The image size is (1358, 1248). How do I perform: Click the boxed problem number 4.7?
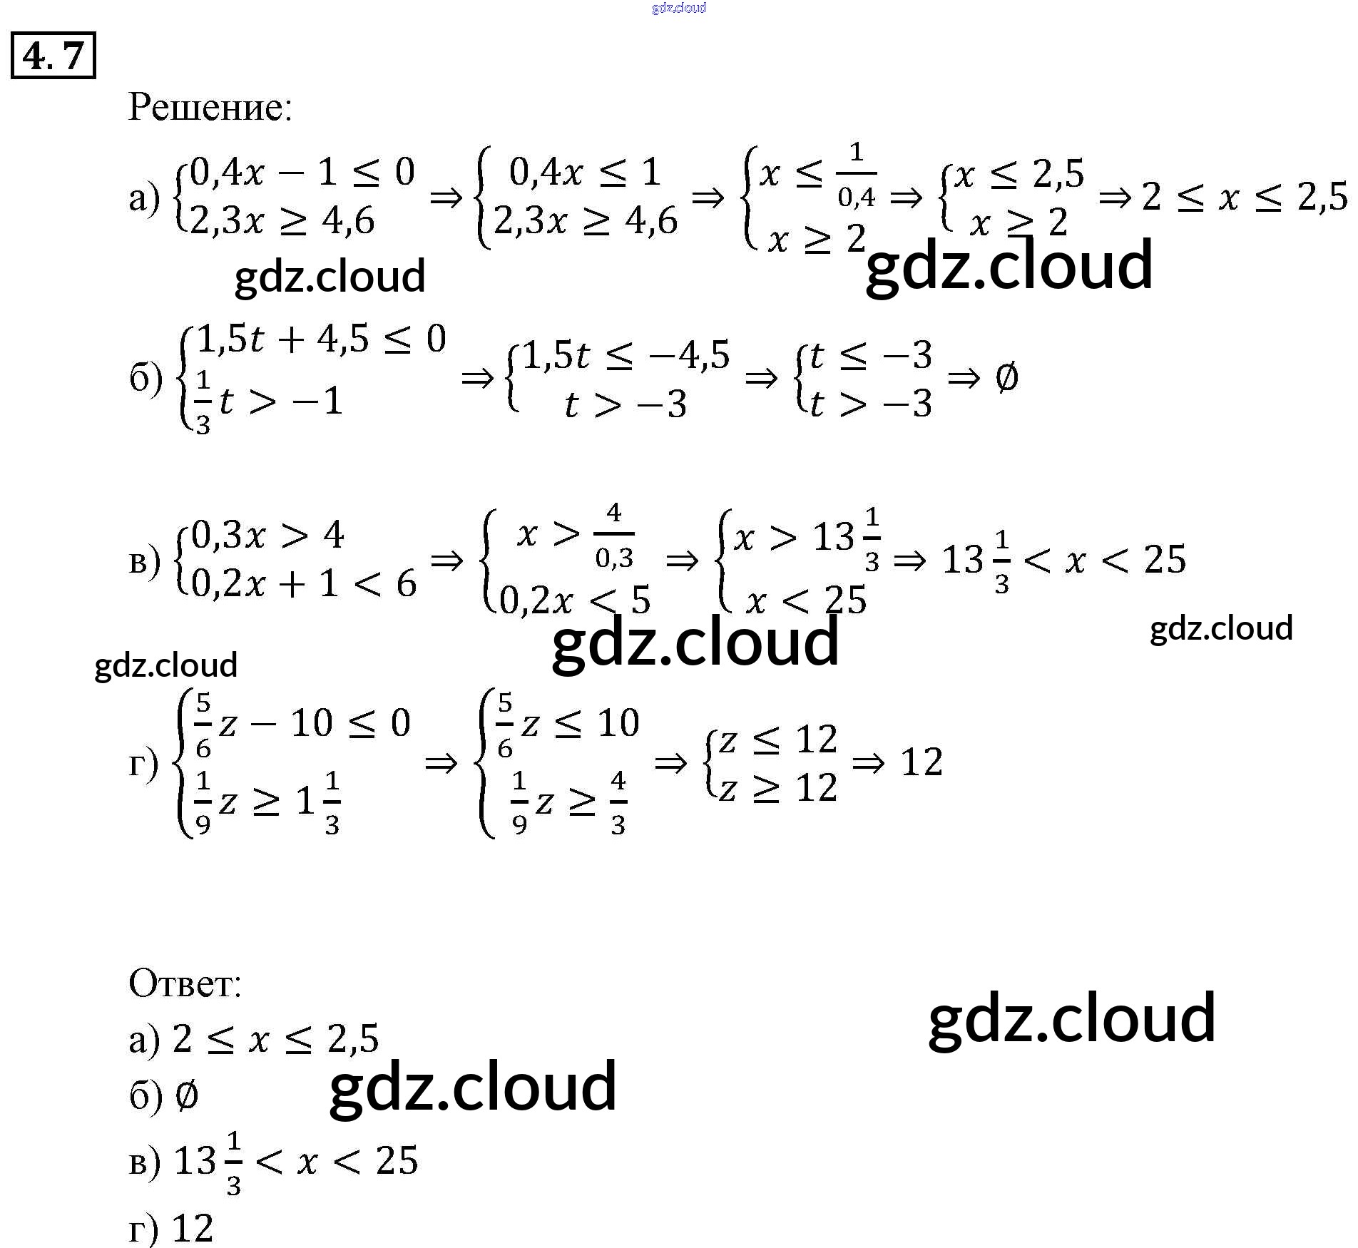pos(53,56)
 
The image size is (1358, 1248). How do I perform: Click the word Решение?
pos(210,108)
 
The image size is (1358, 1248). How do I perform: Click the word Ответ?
pos(185,983)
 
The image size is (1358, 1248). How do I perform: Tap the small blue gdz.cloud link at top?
pos(678,8)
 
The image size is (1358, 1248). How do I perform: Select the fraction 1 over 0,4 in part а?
pos(856,175)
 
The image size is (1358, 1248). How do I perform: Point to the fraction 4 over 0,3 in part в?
pos(614,536)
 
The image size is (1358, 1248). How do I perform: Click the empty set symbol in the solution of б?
pos(1006,377)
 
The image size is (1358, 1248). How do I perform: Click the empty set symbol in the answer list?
pos(186,1095)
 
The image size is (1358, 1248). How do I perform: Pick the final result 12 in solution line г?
pos(921,762)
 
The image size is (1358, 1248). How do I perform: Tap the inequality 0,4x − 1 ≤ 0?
pos(302,172)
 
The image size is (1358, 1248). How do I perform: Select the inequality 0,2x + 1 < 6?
pos(304,584)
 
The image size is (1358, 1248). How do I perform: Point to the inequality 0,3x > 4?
pos(268,535)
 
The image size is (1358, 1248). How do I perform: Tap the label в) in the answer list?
pos(145,1162)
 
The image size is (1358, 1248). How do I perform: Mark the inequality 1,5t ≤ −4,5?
pos(627,355)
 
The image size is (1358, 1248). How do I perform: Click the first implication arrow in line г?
pos(441,764)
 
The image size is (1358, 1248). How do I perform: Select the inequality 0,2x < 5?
pos(575,600)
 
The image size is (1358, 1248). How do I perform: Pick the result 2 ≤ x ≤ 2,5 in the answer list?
pos(275,1039)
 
